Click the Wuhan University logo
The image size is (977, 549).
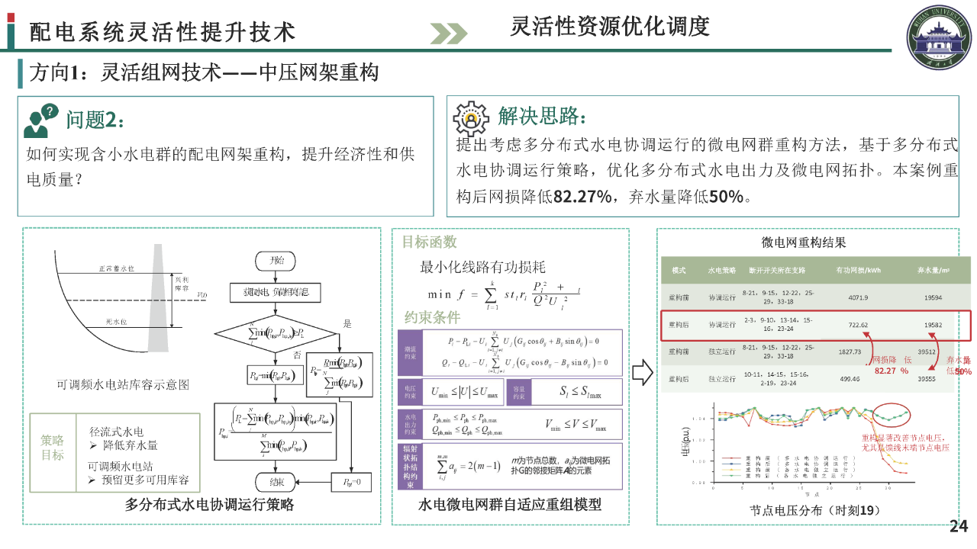click(x=940, y=37)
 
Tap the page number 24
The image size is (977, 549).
click(x=958, y=526)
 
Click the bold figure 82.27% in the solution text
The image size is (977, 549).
click(x=582, y=197)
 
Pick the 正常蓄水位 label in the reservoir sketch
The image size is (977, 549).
click(x=116, y=268)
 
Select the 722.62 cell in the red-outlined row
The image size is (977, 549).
click(x=859, y=325)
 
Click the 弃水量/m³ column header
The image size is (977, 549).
click(x=933, y=270)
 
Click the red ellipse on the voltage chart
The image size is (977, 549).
click(x=889, y=416)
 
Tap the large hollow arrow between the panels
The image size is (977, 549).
click(x=643, y=373)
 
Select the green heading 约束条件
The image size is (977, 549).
click(x=432, y=318)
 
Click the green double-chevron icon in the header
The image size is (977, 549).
click(x=448, y=33)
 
